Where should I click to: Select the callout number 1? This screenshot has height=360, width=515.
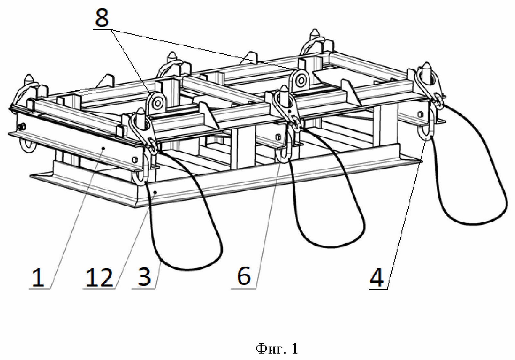(x=38, y=278)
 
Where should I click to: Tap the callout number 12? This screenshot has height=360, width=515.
(x=99, y=278)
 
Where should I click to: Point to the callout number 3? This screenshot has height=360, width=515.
(x=144, y=278)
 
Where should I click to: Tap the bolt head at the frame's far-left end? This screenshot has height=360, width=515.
(x=22, y=127)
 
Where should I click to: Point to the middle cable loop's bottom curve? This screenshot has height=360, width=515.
(x=331, y=246)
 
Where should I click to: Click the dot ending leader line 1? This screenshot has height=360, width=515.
(x=104, y=149)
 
